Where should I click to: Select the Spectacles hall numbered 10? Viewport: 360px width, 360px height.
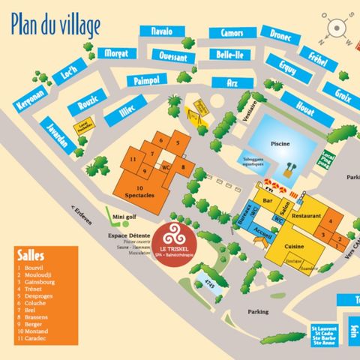139,190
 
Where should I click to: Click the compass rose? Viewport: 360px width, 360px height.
337,29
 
